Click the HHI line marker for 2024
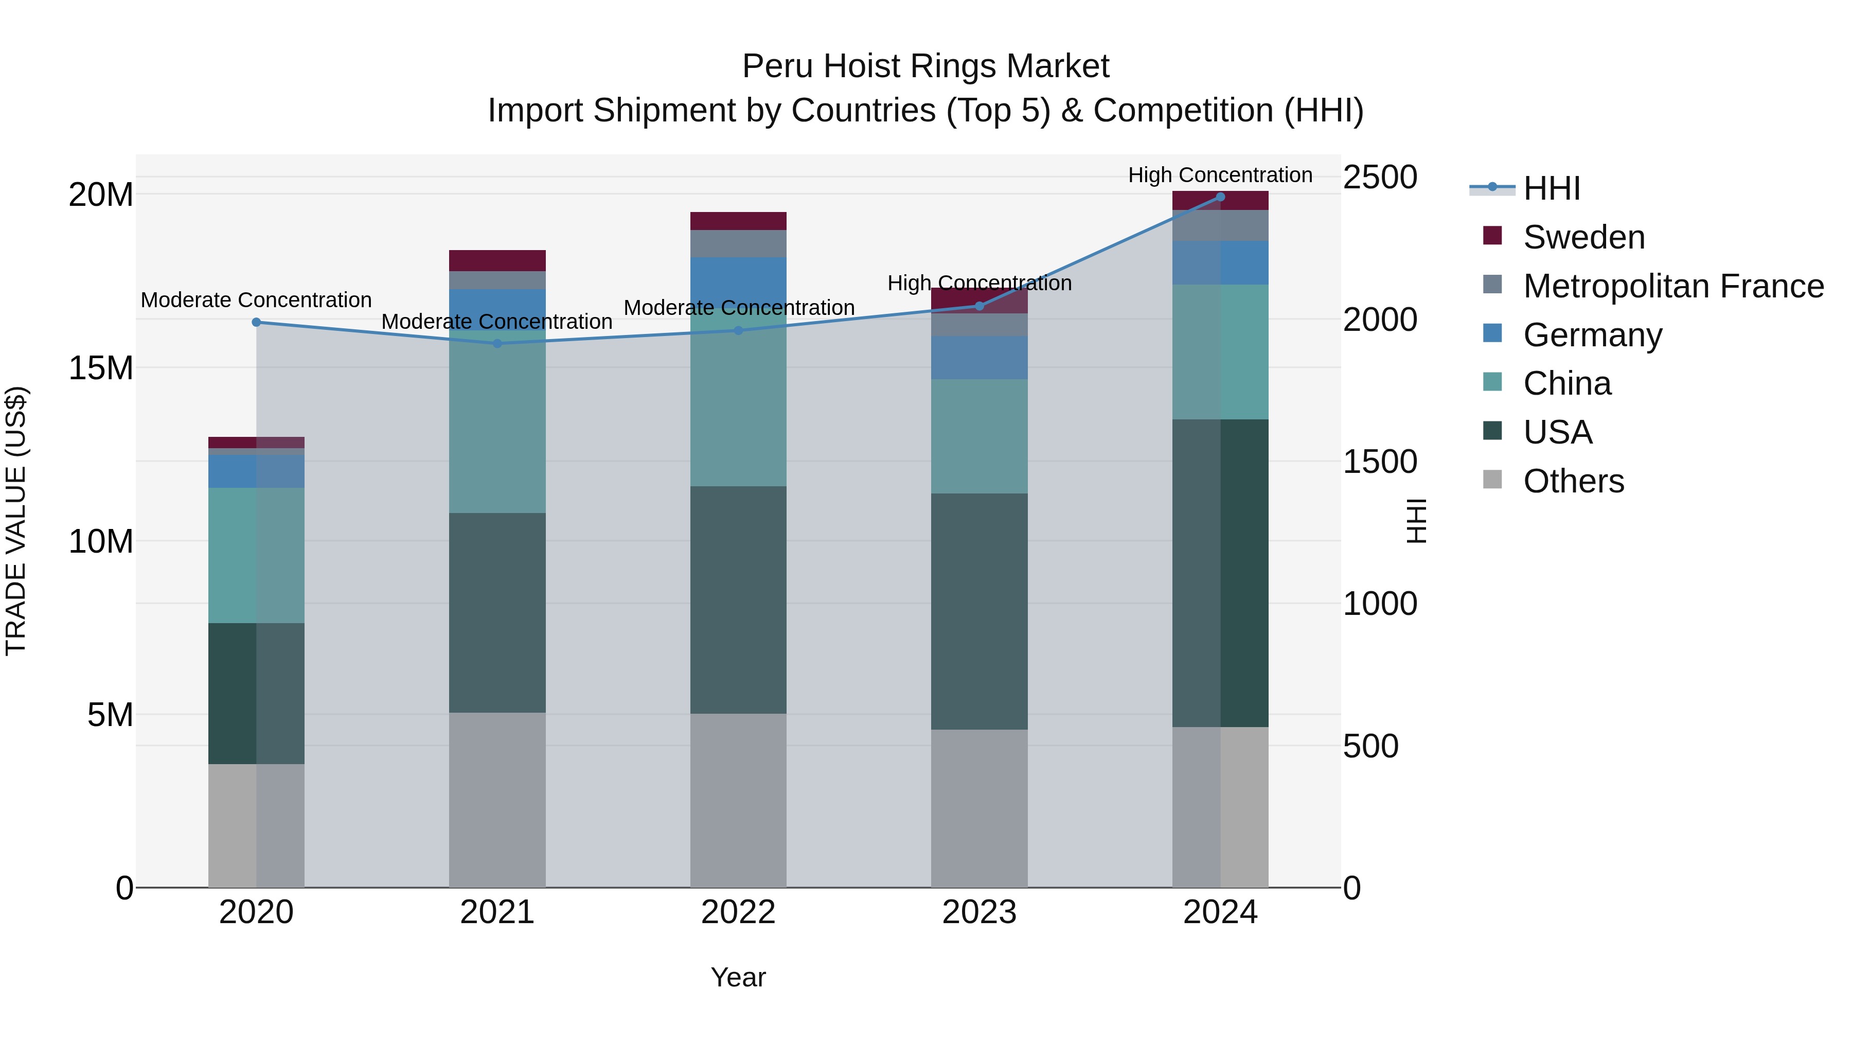[1220, 197]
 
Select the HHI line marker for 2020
[256, 322]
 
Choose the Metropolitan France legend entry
[1672, 286]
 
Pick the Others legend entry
[1573, 481]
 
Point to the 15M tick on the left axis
[101, 368]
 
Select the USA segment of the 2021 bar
[497, 613]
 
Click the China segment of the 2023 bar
[979, 436]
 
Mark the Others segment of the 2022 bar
[738, 800]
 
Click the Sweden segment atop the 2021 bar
[497, 260]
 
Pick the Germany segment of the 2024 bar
[1220, 262]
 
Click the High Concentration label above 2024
[1220, 175]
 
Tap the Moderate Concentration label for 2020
[256, 300]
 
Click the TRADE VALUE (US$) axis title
[16, 521]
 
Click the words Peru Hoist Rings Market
[925, 66]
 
